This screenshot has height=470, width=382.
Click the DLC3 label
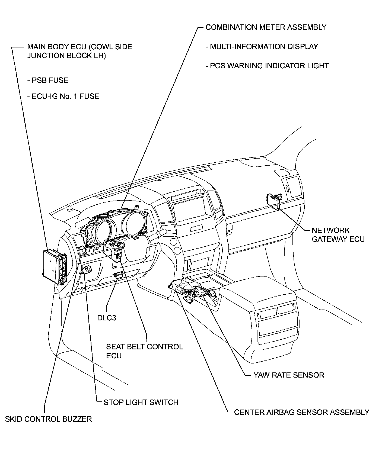107,318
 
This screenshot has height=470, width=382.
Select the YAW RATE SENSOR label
289,375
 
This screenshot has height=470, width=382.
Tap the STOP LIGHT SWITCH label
141,402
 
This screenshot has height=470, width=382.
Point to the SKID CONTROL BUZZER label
49,419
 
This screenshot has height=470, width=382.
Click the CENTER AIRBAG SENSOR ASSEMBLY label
301,412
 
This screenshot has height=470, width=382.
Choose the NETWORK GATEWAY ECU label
338,235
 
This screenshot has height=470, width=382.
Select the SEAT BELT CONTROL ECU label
144,351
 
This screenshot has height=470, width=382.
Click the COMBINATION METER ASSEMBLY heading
266,27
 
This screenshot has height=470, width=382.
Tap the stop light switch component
88,270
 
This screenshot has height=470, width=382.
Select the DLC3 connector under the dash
119,275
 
